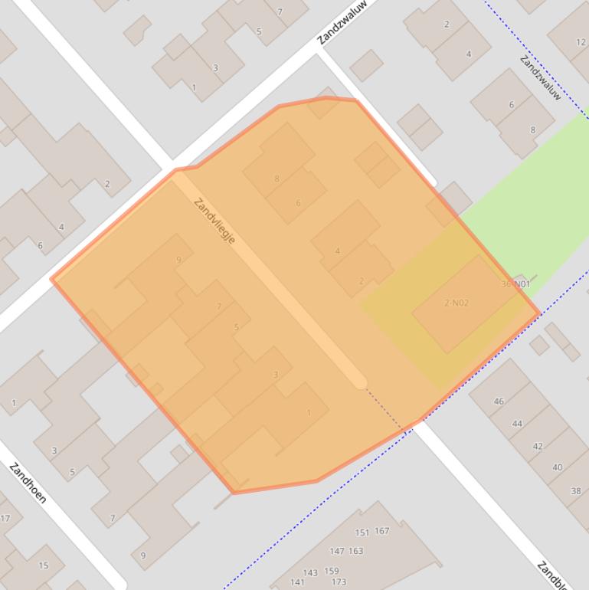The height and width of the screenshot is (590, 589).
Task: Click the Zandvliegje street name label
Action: click(x=214, y=221)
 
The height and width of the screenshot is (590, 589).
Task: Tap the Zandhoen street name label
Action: click(x=28, y=483)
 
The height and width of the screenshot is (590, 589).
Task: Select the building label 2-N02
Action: click(x=456, y=303)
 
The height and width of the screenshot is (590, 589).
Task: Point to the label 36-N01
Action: click(x=515, y=284)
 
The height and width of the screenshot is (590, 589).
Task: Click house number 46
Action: click(x=499, y=401)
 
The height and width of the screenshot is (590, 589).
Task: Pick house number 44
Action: click(x=518, y=423)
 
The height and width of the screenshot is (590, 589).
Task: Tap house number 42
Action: click(x=538, y=446)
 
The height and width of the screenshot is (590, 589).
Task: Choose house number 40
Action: click(x=557, y=467)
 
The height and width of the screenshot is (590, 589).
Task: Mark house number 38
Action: click(x=576, y=490)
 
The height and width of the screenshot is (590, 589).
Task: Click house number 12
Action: click(x=581, y=43)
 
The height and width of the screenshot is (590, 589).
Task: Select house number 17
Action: click(x=5, y=518)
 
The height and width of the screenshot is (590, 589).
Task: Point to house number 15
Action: click(x=43, y=565)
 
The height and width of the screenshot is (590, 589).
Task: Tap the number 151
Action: click(x=362, y=532)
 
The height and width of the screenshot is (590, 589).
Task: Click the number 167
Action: click(x=382, y=530)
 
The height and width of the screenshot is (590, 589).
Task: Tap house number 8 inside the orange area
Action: click(x=277, y=179)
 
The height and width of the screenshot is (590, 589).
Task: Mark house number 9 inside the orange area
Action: click(x=179, y=260)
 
